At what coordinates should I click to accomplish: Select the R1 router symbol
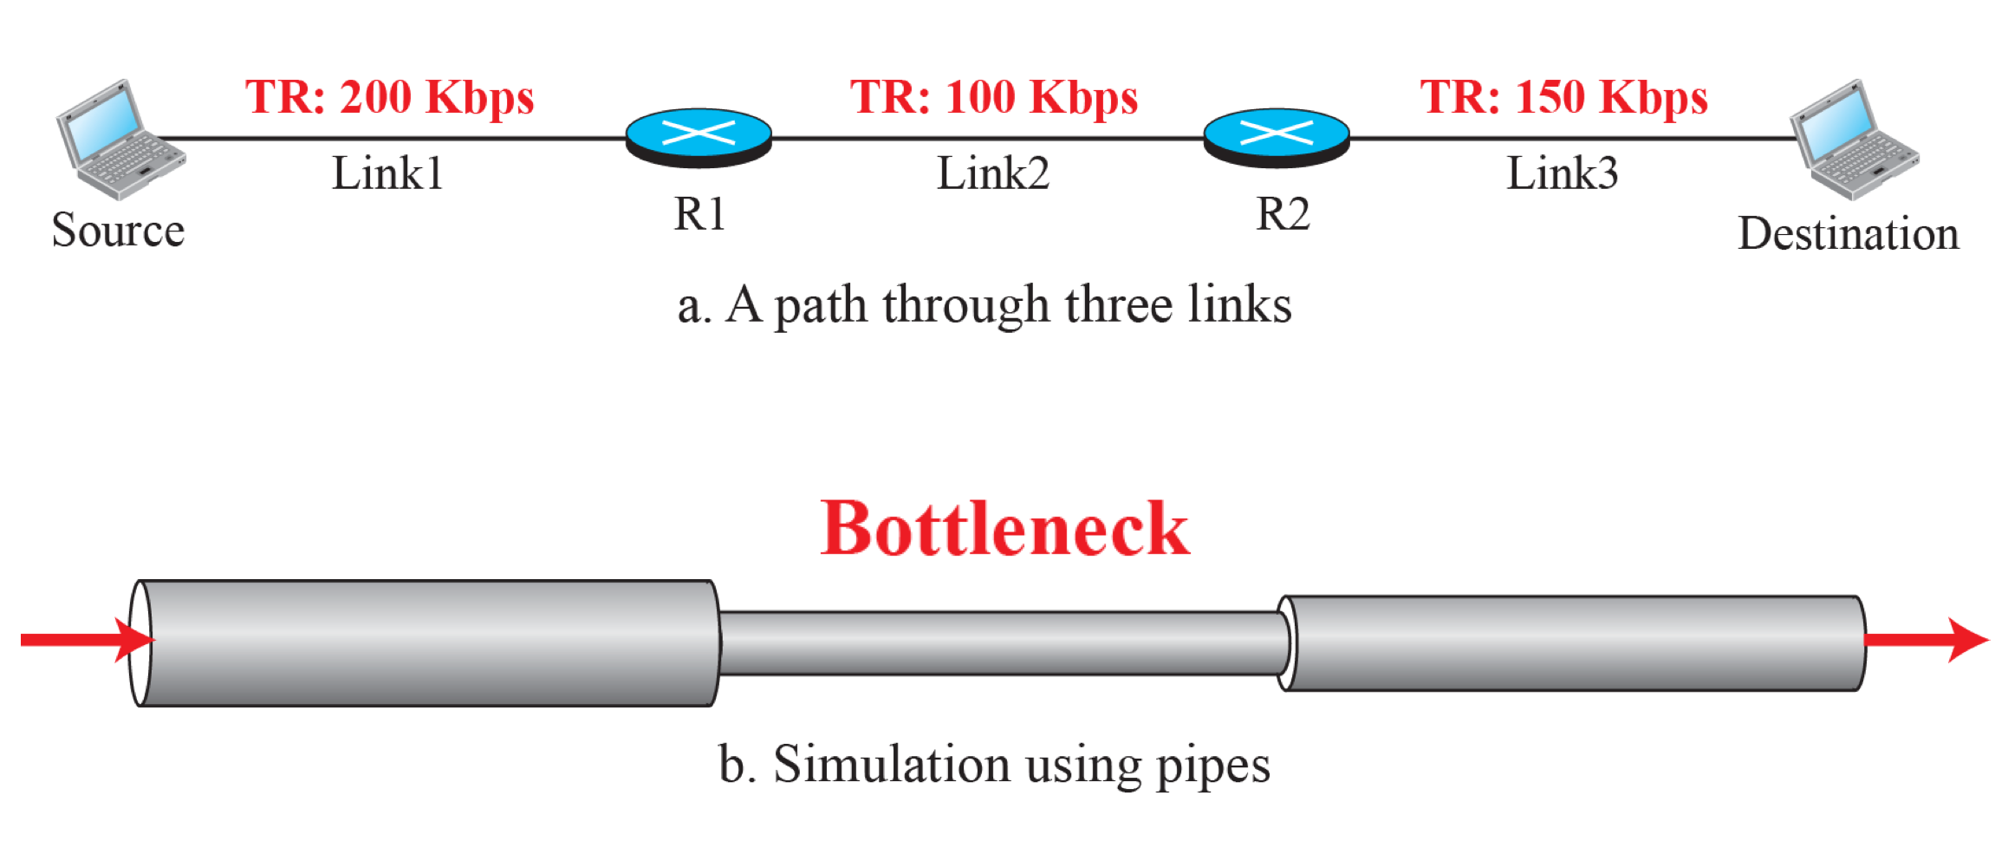[699, 137]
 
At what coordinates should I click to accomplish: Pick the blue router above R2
[1277, 137]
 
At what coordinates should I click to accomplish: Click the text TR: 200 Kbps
[389, 97]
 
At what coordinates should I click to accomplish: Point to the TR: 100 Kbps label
[993, 97]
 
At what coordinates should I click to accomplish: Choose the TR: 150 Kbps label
[1563, 97]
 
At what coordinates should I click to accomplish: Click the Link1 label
[387, 173]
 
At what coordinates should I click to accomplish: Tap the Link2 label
[993, 173]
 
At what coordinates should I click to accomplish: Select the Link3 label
[1563, 173]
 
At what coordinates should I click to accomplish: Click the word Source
[118, 231]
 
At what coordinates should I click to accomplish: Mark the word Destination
[1848, 234]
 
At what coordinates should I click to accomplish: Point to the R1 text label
[699, 214]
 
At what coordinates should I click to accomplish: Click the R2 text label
[1283, 214]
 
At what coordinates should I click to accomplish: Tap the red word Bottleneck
[1004, 529]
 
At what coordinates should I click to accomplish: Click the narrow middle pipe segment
[997, 643]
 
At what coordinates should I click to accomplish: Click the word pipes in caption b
[1212, 766]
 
